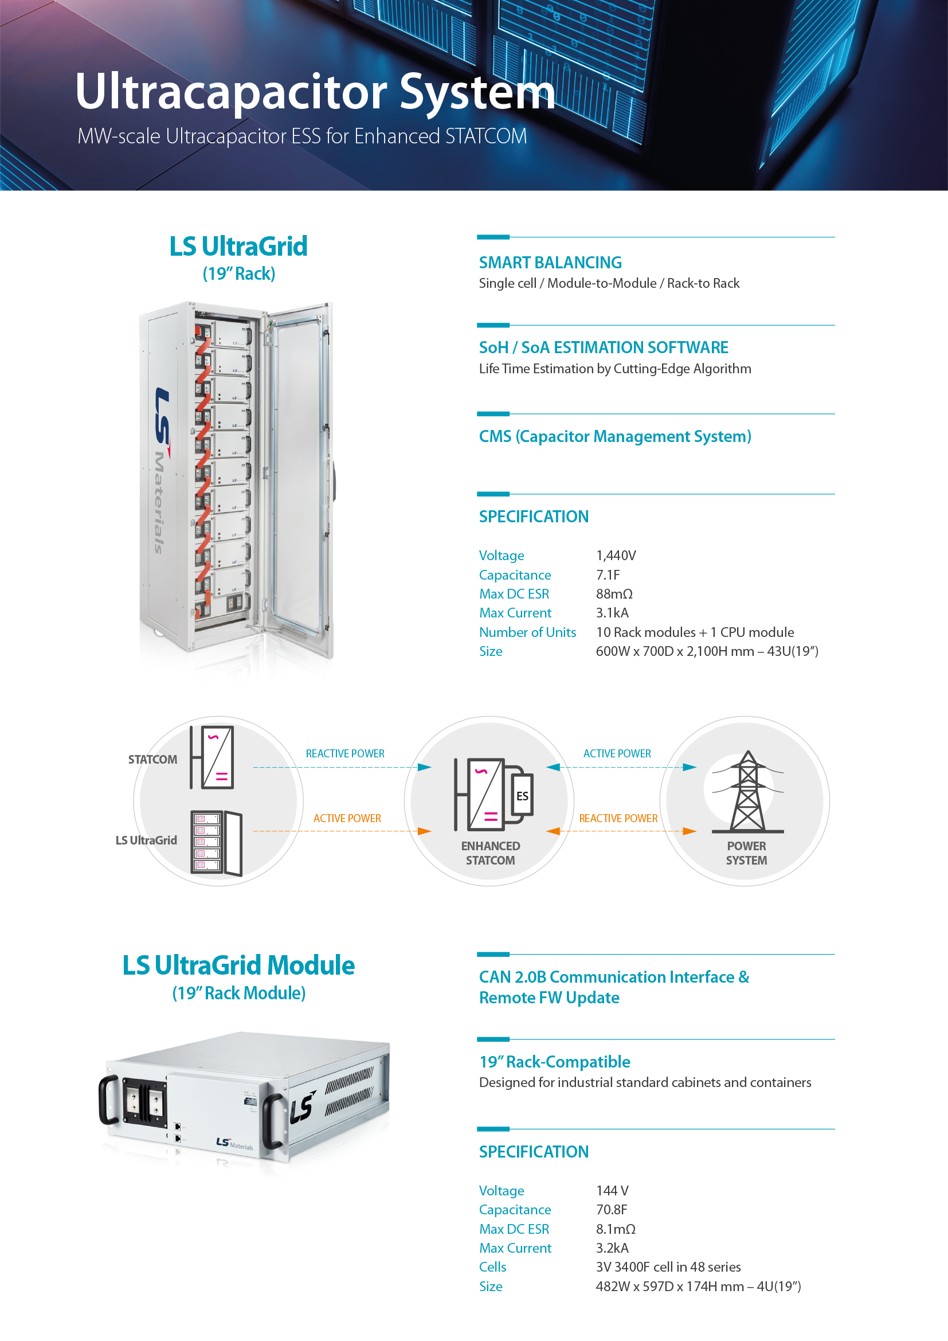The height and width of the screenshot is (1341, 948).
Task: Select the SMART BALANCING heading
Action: [x=550, y=263]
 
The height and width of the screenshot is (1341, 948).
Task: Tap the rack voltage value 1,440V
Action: [x=616, y=556]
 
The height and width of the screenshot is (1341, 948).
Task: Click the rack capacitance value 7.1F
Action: [x=608, y=574]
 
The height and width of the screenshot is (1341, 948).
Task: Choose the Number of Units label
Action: [x=527, y=632]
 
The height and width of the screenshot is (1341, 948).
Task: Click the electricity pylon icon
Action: [x=748, y=791]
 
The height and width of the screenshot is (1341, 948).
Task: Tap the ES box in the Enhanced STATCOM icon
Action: [x=523, y=796]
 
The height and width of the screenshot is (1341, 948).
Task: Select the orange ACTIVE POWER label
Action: [x=347, y=818]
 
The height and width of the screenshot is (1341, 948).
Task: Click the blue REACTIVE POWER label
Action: [x=345, y=753]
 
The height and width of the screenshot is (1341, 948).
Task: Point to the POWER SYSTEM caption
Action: [x=747, y=853]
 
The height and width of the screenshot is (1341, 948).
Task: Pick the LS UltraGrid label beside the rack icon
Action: [x=146, y=840]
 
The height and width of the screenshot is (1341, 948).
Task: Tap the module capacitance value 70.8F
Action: [x=611, y=1210]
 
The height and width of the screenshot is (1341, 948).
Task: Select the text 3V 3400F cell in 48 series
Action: [x=668, y=1267]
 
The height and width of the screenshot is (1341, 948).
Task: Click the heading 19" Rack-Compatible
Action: [x=555, y=1062]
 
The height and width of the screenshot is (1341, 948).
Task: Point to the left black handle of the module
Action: [x=108, y=1100]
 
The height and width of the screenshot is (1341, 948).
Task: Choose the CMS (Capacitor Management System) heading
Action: [x=614, y=437]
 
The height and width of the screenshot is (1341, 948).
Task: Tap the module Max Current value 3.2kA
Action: [x=612, y=1248]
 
